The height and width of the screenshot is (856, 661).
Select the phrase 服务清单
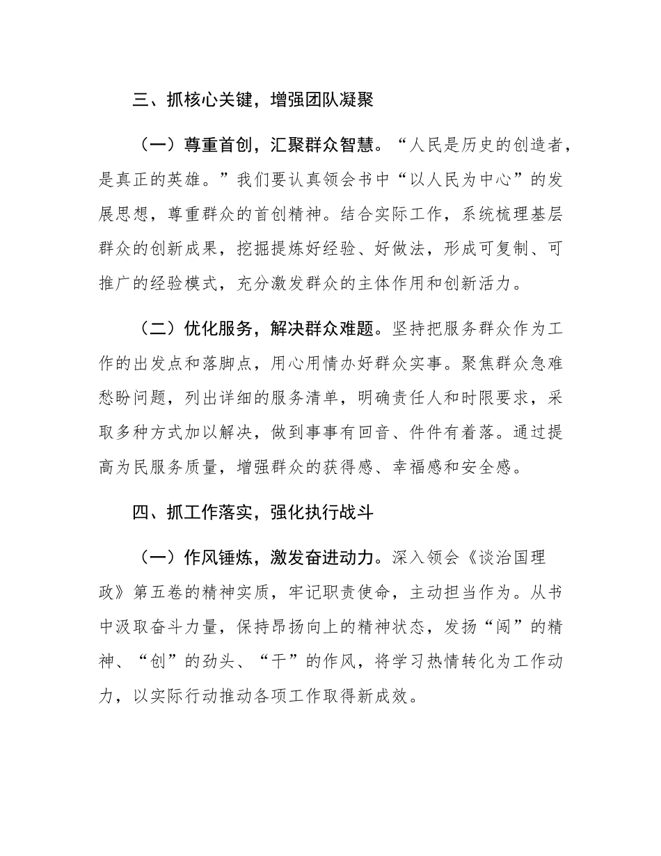[333, 397]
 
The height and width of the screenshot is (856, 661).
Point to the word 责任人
[450, 397]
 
